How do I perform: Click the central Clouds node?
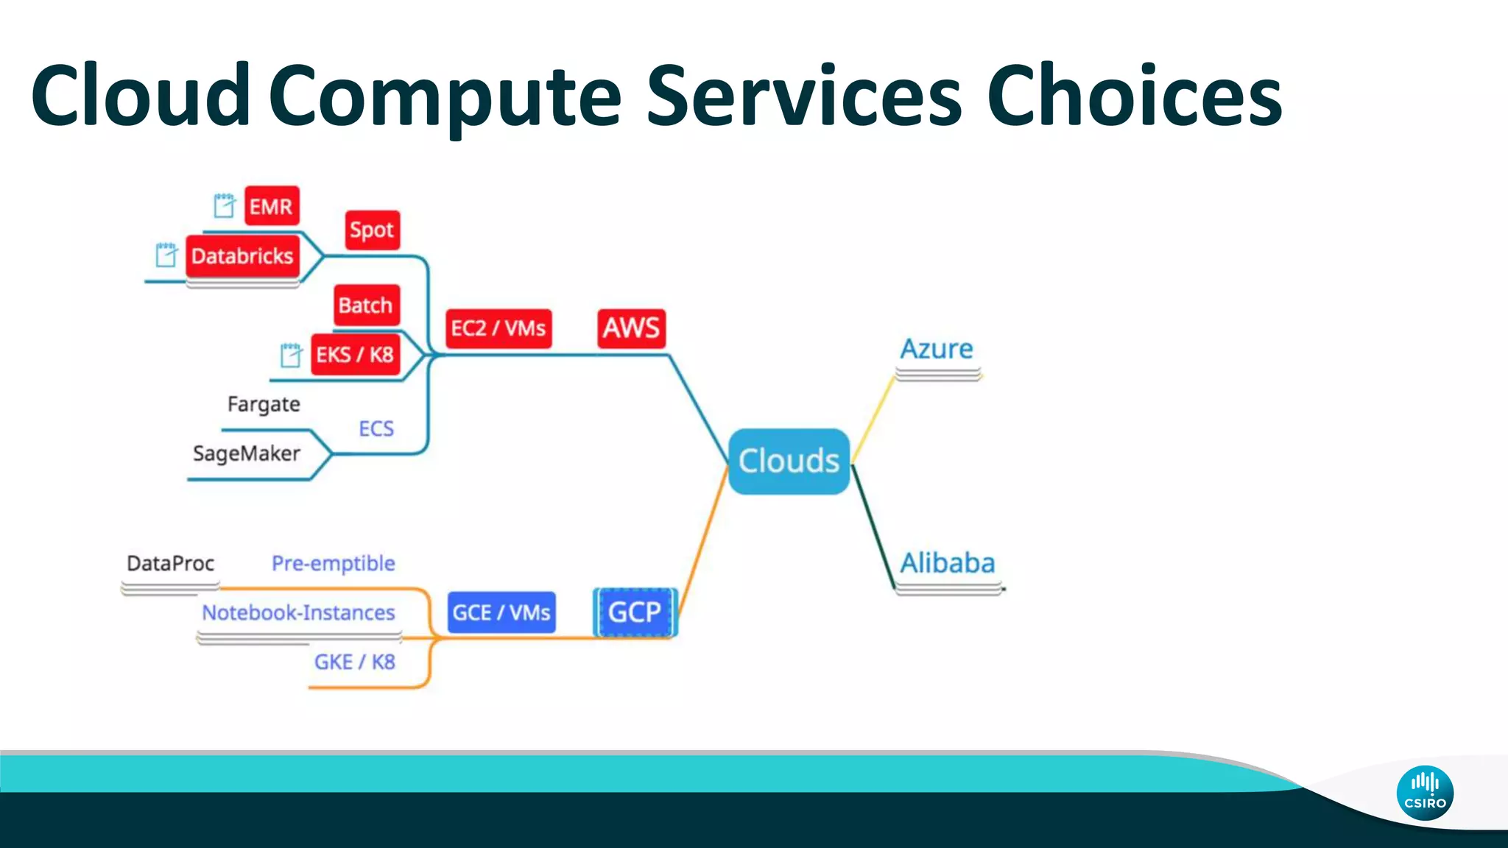click(x=789, y=462)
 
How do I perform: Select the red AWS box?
click(x=631, y=328)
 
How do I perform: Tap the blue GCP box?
click(x=635, y=612)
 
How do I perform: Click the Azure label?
click(x=937, y=349)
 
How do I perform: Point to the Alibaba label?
click(x=948, y=563)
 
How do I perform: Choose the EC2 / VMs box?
click(x=498, y=328)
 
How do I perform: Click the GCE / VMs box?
click(x=501, y=612)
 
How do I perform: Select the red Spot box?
click(x=372, y=230)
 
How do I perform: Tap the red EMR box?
click(x=271, y=207)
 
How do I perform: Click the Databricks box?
click(x=242, y=256)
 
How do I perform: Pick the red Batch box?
click(x=366, y=305)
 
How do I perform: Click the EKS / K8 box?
click(x=355, y=355)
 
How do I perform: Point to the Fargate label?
click(x=264, y=404)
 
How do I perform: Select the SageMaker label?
click(x=247, y=453)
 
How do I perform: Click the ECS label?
click(x=376, y=428)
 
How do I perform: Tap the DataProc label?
click(x=170, y=564)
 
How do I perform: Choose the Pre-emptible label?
click(x=333, y=564)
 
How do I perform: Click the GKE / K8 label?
click(x=355, y=662)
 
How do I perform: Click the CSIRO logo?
click(x=1425, y=793)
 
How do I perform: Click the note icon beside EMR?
click(x=224, y=206)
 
